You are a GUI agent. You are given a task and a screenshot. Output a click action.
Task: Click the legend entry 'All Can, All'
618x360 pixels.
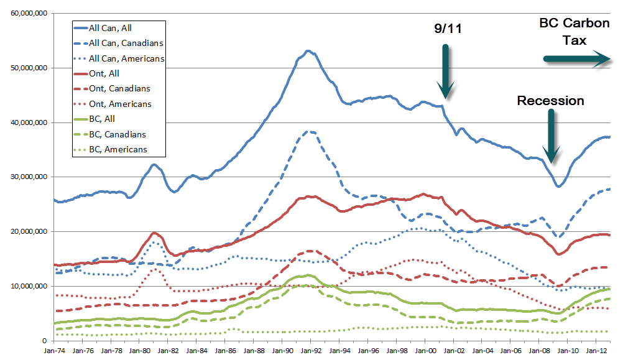[x=110, y=27]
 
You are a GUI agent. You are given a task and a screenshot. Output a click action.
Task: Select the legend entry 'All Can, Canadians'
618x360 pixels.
[x=126, y=43]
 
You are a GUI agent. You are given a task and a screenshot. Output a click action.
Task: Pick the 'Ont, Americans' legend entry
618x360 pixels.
[x=120, y=104]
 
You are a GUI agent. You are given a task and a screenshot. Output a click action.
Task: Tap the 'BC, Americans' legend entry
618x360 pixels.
[x=118, y=149]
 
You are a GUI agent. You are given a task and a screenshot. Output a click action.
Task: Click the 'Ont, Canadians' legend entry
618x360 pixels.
[x=119, y=88]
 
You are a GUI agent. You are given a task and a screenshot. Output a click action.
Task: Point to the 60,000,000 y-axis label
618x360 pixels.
[x=27, y=13]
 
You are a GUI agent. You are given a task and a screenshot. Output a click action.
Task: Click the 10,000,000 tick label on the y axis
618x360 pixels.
[x=27, y=286]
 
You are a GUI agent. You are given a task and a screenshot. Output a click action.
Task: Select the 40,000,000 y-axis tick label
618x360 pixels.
[x=27, y=122]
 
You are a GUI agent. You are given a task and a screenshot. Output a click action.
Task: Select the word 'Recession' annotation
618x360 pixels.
[x=550, y=101]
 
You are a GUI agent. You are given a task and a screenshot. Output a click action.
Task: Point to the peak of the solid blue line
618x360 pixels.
[x=308, y=51]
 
